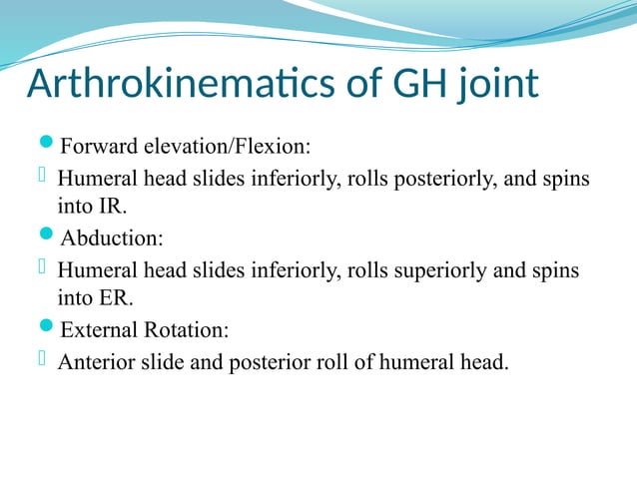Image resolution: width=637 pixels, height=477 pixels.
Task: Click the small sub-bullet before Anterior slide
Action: tap(43, 360)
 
